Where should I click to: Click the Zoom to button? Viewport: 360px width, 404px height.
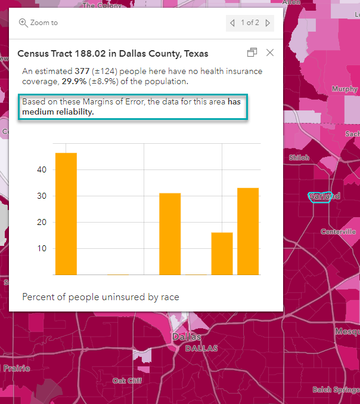click(x=39, y=23)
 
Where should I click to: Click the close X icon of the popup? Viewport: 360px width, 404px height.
click(x=270, y=53)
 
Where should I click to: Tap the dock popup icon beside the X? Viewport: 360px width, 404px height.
click(x=252, y=53)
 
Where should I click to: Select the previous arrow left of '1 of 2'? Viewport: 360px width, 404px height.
click(x=232, y=23)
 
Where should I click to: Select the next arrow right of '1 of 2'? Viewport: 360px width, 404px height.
click(x=268, y=23)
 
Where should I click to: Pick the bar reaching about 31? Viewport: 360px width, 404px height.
click(x=170, y=234)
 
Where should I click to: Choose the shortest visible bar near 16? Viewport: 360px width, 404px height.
click(x=222, y=254)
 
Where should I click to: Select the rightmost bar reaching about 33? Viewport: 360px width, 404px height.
click(x=248, y=231)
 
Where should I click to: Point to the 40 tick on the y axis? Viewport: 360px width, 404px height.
click(x=42, y=169)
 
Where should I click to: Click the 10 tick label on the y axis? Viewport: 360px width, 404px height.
click(x=42, y=248)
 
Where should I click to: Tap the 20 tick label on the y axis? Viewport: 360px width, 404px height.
click(x=42, y=222)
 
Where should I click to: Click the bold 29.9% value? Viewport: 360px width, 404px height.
click(x=74, y=82)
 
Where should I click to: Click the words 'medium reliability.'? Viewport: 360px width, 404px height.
click(x=58, y=112)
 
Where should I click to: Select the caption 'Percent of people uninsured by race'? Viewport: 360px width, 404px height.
click(x=101, y=297)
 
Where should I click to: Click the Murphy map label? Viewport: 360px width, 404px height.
click(x=345, y=89)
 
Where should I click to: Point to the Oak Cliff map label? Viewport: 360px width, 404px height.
click(x=127, y=380)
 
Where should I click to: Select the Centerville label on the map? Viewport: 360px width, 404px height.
click(x=338, y=232)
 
